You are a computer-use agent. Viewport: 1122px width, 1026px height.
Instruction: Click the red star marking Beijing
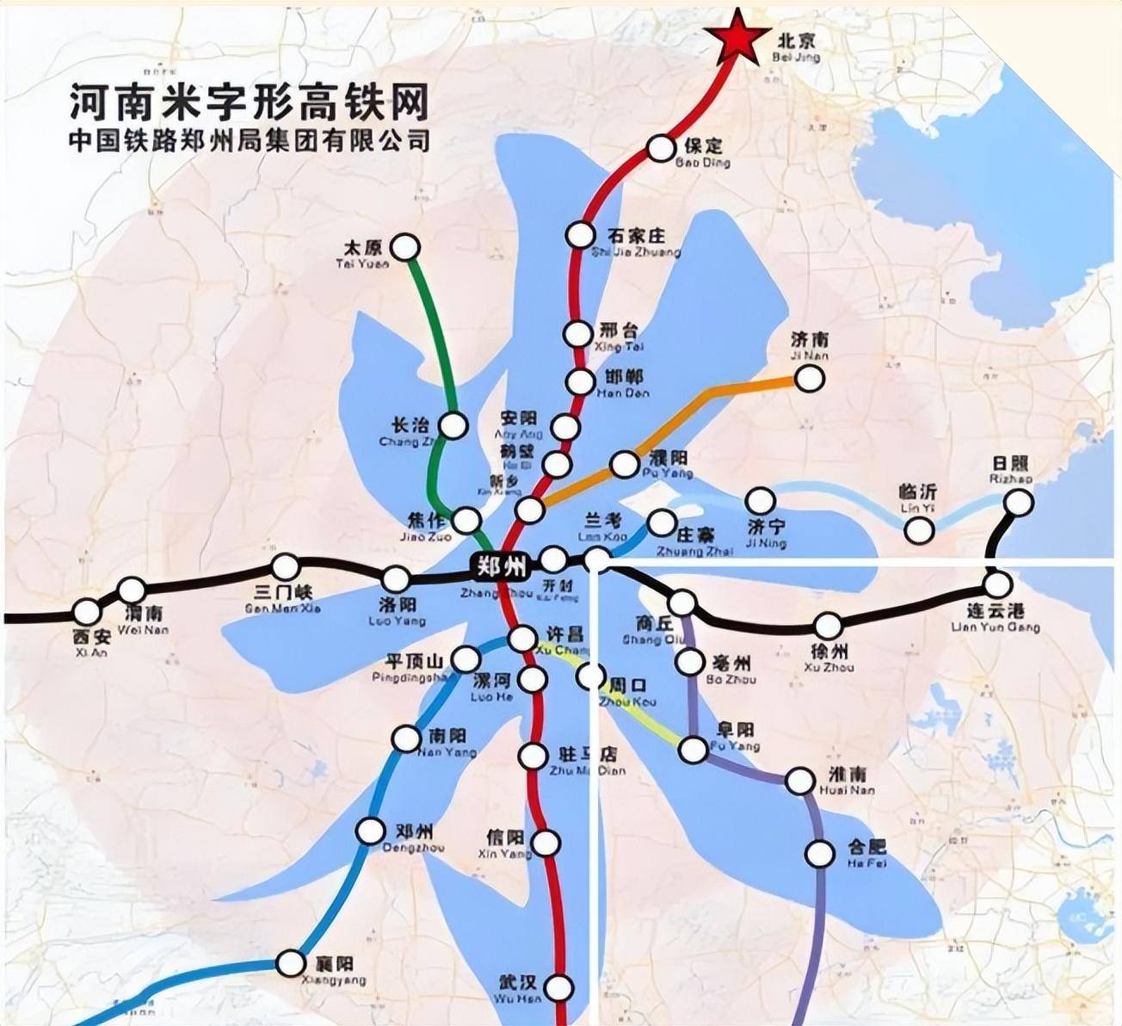(737, 35)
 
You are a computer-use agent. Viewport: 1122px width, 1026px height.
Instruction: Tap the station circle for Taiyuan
(405, 247)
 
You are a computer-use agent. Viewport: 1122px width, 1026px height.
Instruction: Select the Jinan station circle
(809, 377)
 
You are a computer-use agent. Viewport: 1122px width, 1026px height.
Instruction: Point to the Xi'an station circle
(86, 612)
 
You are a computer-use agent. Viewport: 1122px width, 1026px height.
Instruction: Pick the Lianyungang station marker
(997, 585)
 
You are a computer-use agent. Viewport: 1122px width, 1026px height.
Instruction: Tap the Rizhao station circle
(1020, 503)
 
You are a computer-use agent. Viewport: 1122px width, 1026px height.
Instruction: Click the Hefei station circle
(819, 854)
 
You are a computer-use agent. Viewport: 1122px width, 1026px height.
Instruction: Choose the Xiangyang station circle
(291, 963)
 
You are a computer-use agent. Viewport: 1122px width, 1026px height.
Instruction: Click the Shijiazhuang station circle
(581, 234)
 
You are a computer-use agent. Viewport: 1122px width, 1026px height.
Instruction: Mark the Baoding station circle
(661, 148)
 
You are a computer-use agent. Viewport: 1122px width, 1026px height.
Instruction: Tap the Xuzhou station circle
(828, 626)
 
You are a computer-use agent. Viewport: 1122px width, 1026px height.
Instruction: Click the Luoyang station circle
(395, 578)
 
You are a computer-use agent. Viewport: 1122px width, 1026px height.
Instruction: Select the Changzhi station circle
(453, 425)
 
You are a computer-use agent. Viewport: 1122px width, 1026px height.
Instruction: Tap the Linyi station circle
(919, 530)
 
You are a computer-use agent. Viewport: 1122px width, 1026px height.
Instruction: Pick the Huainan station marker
(800, 781)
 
